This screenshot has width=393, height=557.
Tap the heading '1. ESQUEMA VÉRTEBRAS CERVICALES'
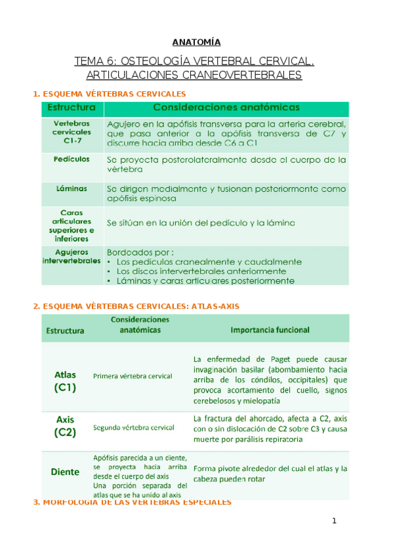pos(110,94)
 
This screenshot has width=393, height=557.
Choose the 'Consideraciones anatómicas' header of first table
pos(226,107)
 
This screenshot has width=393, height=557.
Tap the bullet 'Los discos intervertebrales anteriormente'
pos(201,271)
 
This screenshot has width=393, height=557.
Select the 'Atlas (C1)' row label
pos(66,381)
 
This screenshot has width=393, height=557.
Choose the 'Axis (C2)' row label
pos(66,426)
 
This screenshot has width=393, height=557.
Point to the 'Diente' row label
pos(65,472)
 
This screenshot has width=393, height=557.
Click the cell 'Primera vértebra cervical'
pos(133,376)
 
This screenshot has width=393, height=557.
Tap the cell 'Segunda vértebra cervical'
pos(134,428)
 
